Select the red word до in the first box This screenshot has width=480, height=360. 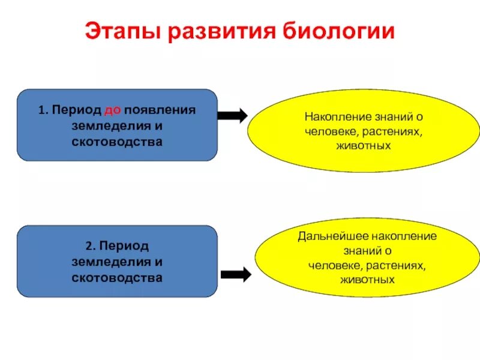click(x=112, y=111)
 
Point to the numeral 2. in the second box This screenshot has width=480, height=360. click(x=91, y=247)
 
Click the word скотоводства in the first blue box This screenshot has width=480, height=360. click(x=117, y=142)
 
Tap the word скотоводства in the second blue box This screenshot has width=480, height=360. click(x=117, y=278)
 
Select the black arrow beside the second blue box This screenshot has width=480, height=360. click(x=236, y=275)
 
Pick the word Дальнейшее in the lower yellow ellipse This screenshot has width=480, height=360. click(x=326, y=236)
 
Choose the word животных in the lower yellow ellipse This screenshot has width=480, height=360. click(x=367, y=280)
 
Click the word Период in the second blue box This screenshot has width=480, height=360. click(x=124, y=247)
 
